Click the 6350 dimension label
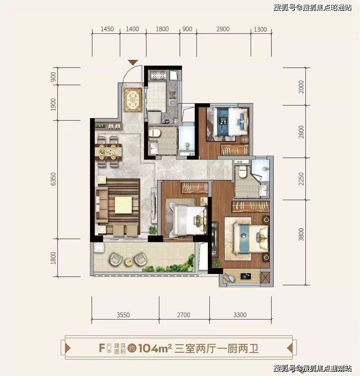(53, 179)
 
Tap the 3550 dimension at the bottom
(123, 315)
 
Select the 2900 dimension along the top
(223, 29)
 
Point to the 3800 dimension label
(301, 234)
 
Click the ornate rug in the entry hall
(133, 100)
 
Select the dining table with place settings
(108, 152)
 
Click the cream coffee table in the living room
(123, 205)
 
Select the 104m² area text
(155, 348)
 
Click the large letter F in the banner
(102, 348)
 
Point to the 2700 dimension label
(183, 315)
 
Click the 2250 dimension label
(301, 179)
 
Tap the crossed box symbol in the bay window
(265, 278)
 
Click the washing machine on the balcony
(99, 247)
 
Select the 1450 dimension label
(107, 29)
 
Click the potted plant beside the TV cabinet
(152, 230)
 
